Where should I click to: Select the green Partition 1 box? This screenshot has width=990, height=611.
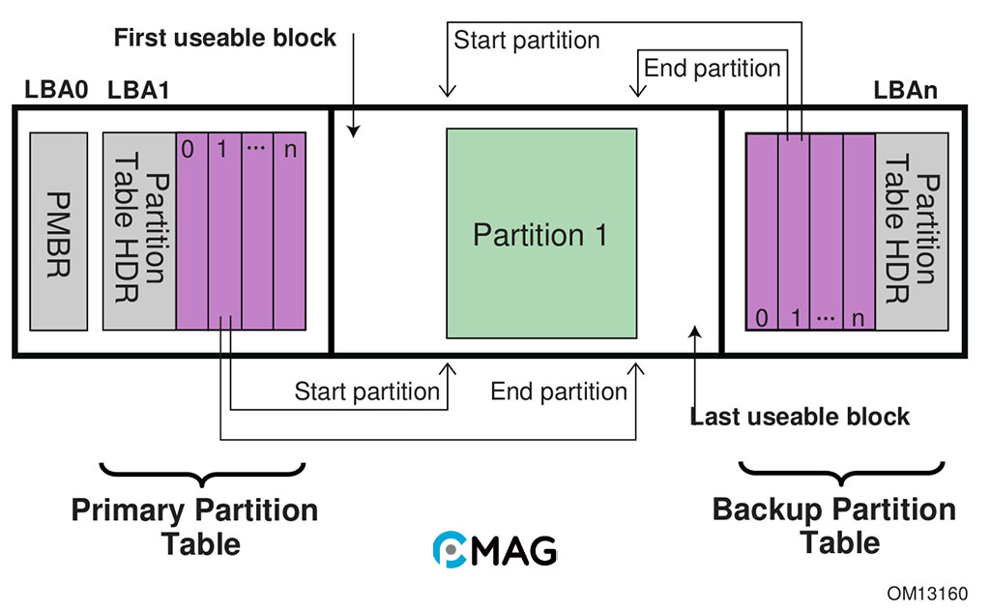click(540, 234)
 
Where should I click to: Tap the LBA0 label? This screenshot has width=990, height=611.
click(56, 91)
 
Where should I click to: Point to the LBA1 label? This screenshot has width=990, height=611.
click(139, 91)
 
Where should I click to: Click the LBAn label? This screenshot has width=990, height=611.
click(906, 91)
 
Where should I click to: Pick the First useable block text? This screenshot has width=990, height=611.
click(225, 39)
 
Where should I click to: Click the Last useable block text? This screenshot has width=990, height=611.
click(800, 417)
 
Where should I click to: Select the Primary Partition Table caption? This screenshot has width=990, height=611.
click(194, 526)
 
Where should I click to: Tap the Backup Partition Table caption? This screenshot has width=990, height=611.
click(833, 526)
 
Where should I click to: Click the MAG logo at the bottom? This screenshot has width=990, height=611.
click(494, 549)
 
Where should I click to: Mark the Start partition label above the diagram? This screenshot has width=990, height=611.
click(527, 41)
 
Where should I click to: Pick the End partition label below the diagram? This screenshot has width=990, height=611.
click(559, 392)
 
